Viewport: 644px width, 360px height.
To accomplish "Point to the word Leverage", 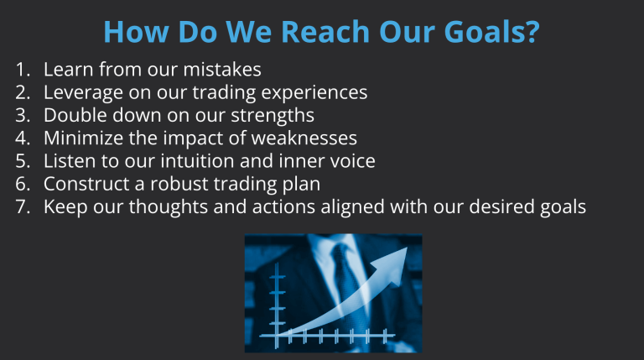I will (x=82, y=93).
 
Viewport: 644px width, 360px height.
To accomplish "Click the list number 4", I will (x=22, y=138).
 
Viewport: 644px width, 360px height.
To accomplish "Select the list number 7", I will (x=22, y=206).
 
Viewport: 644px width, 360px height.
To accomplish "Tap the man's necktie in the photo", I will (x=343, y=277).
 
